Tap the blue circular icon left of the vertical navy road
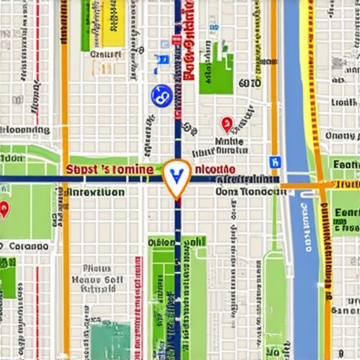[161, 95]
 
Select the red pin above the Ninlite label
[226, 124]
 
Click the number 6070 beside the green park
[249, 83]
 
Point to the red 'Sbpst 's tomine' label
[109, 169]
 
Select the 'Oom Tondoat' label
[247, 191]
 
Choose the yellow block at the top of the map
[112, 21]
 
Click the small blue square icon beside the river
[275, 162]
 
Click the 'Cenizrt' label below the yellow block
[106, 53]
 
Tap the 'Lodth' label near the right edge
[344, 103]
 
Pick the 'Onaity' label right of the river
[342, 136]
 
